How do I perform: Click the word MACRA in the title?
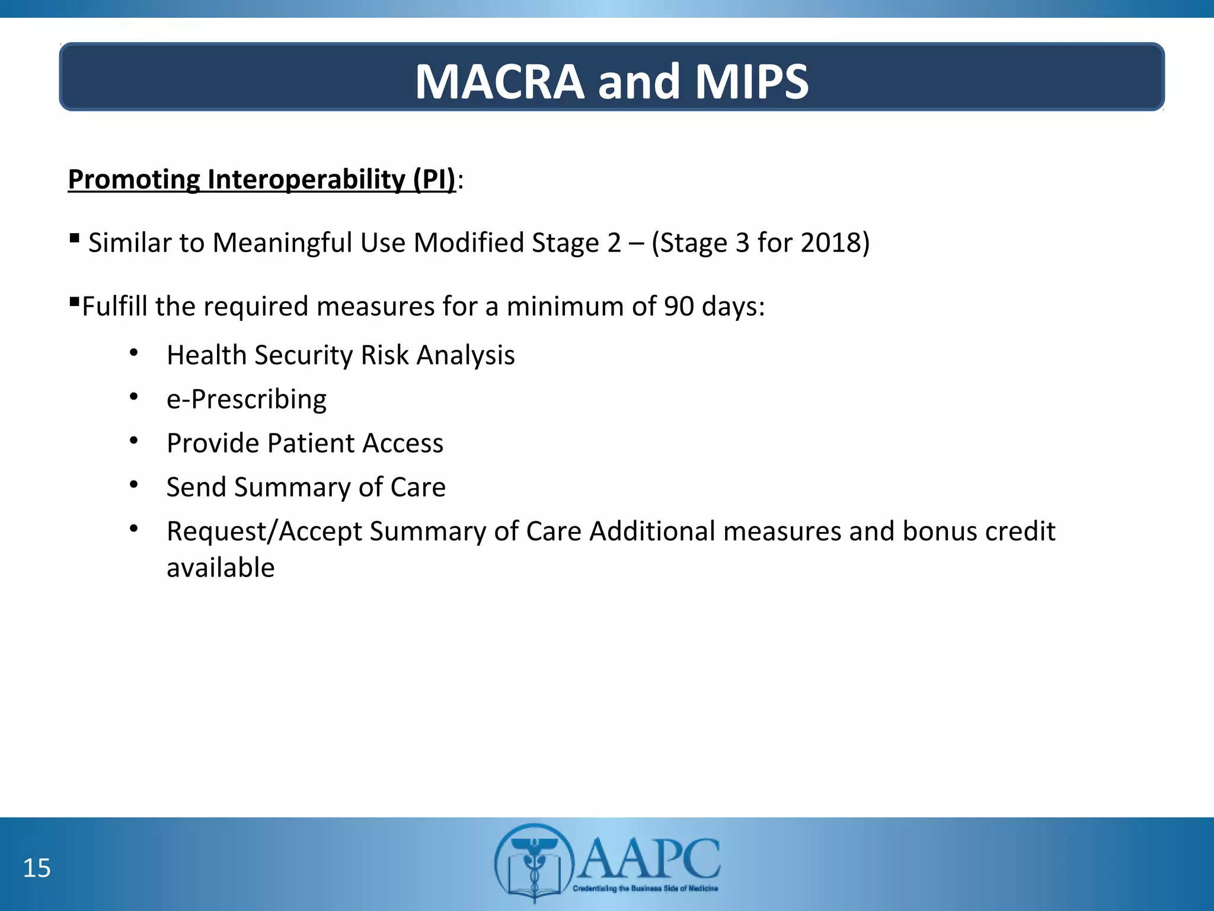(500, 82)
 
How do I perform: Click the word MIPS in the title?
(752, 82)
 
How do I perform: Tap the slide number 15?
(37, 868)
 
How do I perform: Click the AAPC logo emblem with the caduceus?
(534, 862)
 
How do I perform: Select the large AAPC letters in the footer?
(648, 858)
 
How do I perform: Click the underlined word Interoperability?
(306, 179)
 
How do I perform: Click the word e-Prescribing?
(247, 399)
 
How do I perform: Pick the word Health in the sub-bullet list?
(207, 355)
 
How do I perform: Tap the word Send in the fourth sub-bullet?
(196, 487)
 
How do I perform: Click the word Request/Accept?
(264, 531)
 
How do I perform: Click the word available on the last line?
(221, 568)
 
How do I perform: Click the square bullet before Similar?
(74, 238)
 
